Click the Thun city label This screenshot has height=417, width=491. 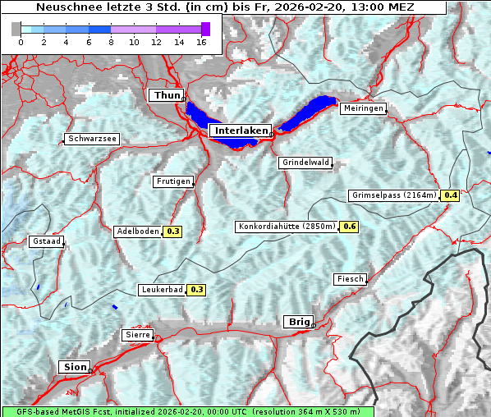(x=166, y=96)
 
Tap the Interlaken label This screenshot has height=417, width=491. (x=240, y=131)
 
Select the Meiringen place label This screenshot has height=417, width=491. (x=362, y=108)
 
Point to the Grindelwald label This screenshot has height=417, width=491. (x=305, y=163)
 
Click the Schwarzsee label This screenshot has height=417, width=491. (x=92, y=139)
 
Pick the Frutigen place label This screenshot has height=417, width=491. (x=172, y=181)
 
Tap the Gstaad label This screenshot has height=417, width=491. (x=46, y=242)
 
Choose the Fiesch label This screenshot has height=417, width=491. (x=350, y=279)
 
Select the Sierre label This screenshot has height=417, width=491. (x=136, y=335)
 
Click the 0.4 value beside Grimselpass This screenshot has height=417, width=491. (x=450, y=195)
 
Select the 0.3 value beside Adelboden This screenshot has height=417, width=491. (x=172, y=231)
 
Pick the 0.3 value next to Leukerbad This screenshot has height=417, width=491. (x=197, y=290)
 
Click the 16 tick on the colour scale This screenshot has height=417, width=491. (x=200, y=41)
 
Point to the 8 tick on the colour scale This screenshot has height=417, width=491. (x=110, y=41)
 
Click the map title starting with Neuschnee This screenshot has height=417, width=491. (x=225, y=7)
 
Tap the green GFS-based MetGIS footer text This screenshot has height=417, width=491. (x=187, y=411)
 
